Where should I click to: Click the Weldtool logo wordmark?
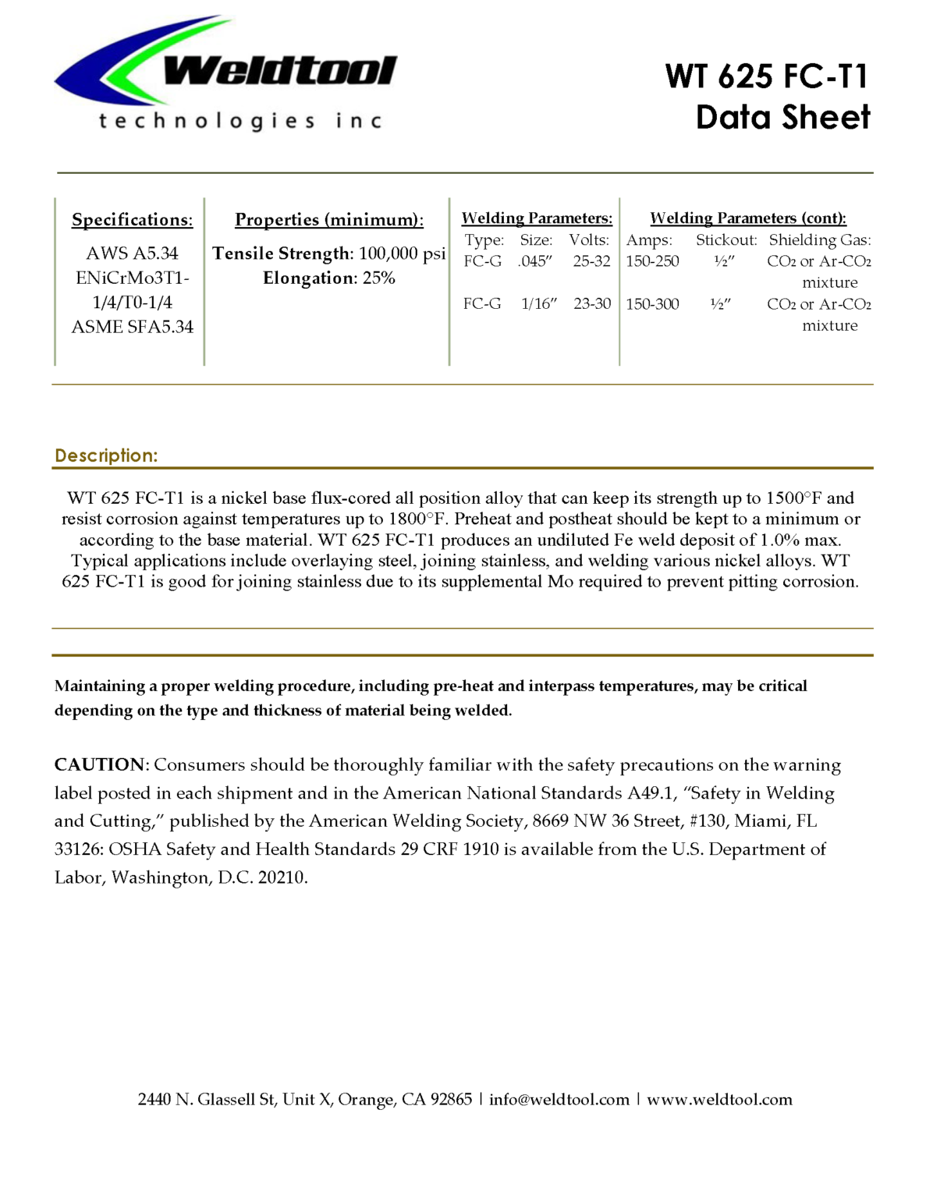coord(279,71)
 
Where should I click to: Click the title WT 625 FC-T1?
coord(766,76)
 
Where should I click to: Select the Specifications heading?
coord(132,220)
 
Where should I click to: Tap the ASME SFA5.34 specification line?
coord(132,327)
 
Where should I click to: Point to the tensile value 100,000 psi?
coord(402,253)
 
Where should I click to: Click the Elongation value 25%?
coord(378,278)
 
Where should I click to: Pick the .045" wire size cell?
coord(534,261)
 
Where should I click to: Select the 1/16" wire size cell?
coord(538,303)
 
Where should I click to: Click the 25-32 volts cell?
coord(591,261)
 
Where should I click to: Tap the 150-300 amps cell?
coord(652,303)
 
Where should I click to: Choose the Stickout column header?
coord(726,240)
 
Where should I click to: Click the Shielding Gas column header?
coord(820,240)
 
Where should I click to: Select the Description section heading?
coord(106,455)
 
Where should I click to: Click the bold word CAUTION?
coord(99,764)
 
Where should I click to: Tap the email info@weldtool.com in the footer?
coord(559,1099)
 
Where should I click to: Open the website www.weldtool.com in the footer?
coord(719,1099)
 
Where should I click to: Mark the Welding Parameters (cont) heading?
coord(747,218)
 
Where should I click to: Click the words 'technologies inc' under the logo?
coord(240,121)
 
